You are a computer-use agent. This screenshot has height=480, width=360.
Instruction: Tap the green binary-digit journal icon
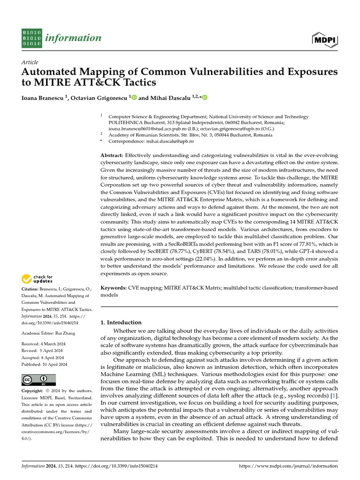pyautogui.click(x=32, y=38)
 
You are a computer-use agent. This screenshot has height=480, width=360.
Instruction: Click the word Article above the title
pyautogui.click(x=30, y=62)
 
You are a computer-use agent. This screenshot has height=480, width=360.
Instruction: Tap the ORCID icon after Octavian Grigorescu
pyautogui.click(x=134, y=98)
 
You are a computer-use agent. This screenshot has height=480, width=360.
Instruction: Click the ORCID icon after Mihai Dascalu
pyautogui.click(x=204, y=98)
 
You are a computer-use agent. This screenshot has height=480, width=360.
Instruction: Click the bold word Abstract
pyautogui.click(x=112, y=155)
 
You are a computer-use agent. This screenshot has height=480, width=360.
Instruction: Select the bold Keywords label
pyautogui.click(x=114, y=287)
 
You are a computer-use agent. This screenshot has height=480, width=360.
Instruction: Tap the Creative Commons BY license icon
pyautogui.click(x=38, y=380)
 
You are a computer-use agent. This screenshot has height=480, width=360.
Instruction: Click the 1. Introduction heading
pyautogui.click(x=121, y=322)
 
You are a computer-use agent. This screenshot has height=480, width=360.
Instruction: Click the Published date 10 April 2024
pyautogui.click(x=56, y=364)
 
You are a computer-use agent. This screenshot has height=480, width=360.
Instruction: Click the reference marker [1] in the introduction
pyautogui.click(x=333, y=397)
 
